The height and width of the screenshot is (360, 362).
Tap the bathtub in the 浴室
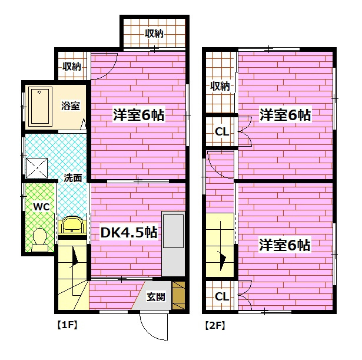[x=40, y=106]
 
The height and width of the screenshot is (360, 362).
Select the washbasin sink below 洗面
[x=71, y=225]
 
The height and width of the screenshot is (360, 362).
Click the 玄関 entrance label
[x=156, y=296]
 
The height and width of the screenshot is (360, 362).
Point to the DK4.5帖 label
[x=129, y=233]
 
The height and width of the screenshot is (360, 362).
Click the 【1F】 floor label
[x=67, y=325]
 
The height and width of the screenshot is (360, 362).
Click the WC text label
[x=41, y=207]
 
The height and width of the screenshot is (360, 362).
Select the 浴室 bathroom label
[x=70, y=106]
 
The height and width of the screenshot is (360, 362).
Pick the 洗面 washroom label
[x=72, y=177]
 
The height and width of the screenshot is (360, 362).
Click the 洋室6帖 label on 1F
[x=138, y=115]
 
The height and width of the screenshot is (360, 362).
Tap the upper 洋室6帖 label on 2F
[x=285, y=115]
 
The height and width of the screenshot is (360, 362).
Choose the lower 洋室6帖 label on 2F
[x=285, y=246]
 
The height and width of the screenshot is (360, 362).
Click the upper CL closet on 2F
[x=221, y=132]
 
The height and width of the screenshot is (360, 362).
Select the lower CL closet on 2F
[x=221, y=296]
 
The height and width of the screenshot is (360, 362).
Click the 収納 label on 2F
[x=220, y=86]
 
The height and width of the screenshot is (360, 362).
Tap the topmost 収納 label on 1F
[x=154, y=34]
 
